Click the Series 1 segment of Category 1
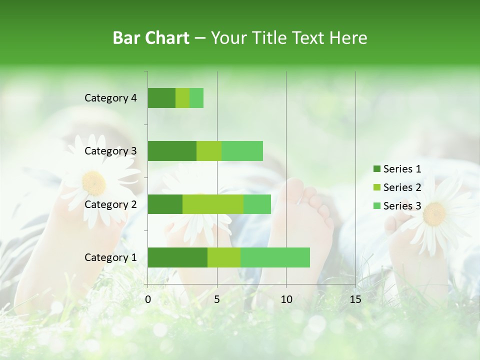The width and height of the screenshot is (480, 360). [177, 257]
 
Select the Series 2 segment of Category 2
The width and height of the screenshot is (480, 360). [213, 204]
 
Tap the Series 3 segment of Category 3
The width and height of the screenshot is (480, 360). [242, 151]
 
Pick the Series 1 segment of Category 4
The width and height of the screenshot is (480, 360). [161, 98]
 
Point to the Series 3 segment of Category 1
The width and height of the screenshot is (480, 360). [275, 257]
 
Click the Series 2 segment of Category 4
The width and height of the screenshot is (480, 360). [182, 98]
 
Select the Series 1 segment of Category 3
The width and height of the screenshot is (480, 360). [172, 151]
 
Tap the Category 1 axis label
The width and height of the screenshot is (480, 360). [110, 257]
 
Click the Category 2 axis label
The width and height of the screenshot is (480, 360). [110, 204]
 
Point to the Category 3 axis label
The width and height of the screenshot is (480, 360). [110, 151]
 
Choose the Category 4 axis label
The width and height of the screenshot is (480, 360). [110, 98]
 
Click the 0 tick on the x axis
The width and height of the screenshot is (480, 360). [148, 299]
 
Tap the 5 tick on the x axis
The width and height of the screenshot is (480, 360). [217, 299]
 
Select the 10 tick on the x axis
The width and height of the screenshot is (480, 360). [286, 299]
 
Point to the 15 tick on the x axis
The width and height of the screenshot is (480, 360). [355, 299]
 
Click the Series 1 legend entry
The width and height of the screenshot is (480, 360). [397, 169]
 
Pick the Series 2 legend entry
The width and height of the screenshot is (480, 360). [397, 187]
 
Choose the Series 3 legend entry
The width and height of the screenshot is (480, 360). [397, 206]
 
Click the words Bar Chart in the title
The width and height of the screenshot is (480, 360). [151, 37]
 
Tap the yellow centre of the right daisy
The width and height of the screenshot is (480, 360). [434, 213]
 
